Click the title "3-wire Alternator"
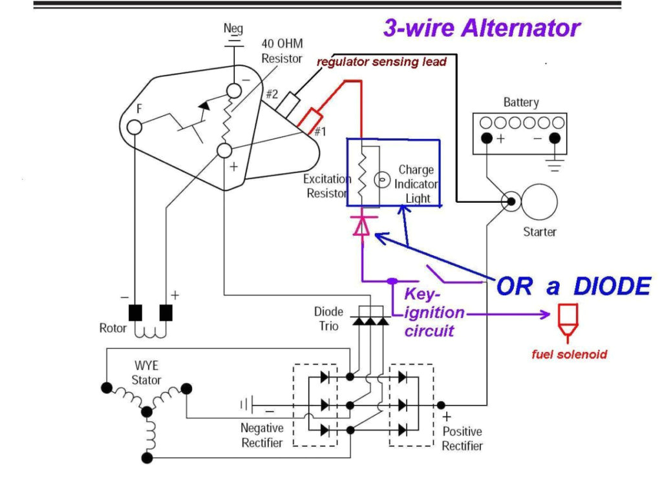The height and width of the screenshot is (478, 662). click(482, 28)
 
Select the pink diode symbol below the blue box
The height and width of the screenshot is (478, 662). click(361, 225)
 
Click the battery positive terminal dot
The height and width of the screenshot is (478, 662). click(486, 138)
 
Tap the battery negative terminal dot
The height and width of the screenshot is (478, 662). click(554, 138)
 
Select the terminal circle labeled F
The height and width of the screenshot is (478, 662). click(134, 127)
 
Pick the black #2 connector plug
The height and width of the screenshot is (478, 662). click(288, 101)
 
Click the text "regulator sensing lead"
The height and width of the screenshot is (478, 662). click(381, 62)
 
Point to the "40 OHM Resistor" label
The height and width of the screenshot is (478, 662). click(281, 50)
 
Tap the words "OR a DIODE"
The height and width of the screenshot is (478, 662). click(573, 286)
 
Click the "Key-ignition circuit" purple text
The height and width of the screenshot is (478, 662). click(434, 313)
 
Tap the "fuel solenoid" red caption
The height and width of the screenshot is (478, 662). click(569, 355)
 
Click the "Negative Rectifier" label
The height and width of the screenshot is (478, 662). click(262, 435)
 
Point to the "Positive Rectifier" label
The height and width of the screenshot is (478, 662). click(462, 438)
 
